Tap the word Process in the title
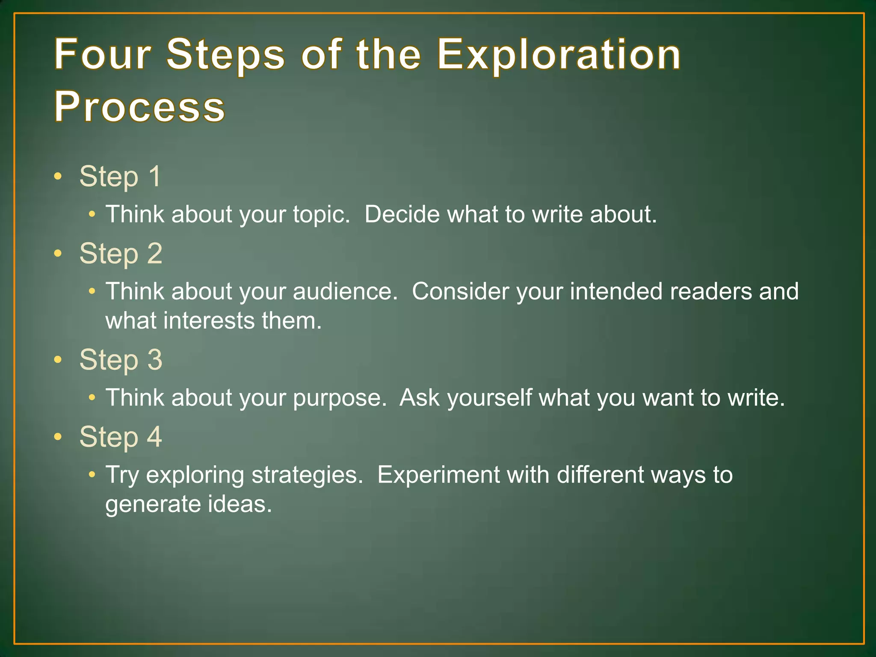coord(139,107)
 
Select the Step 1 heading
coord(120,176)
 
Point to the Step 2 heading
coord(121,253)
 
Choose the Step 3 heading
coord(121,359)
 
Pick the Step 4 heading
coord(121,437)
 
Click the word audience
coord(345,291)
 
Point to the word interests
coord(209,321)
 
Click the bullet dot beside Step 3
coord(58,359)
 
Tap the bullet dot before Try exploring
coord(92,475)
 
